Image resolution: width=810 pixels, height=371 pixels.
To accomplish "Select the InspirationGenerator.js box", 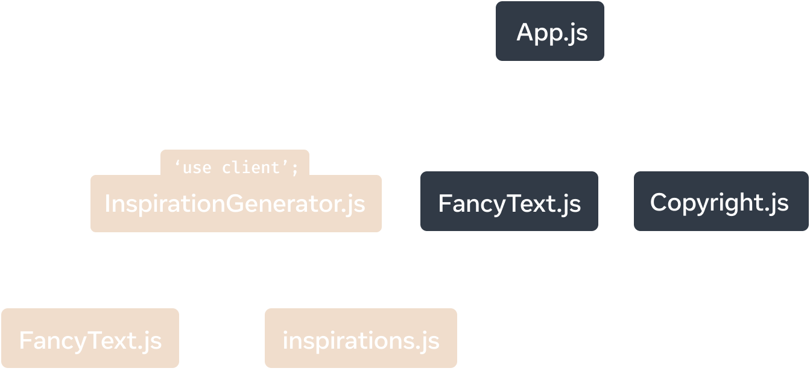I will tap(235, 204).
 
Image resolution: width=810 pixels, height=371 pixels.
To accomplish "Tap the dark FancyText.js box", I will tap(509, 202).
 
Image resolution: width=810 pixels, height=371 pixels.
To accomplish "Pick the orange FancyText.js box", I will tap(90, 340).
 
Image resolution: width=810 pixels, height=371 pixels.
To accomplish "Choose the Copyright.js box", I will tap(720, 202).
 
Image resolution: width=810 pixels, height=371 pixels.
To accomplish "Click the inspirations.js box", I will tap(361, 340).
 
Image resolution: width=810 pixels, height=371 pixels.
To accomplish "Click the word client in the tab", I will tap(252, 168).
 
